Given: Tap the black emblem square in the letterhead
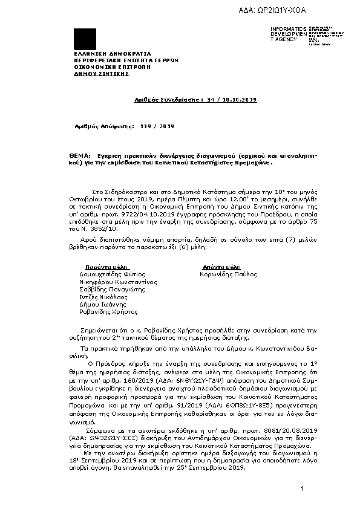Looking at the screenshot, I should click(85, 39).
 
